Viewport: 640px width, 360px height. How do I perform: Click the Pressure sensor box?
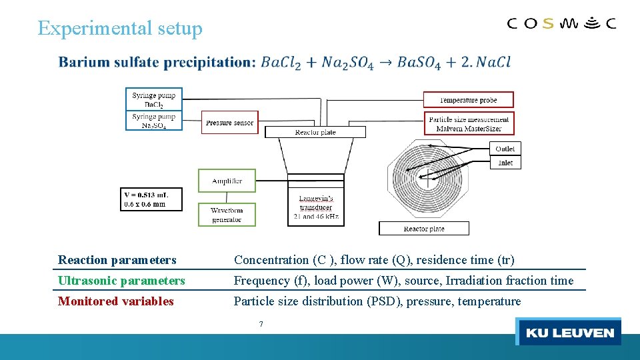pyautogui.click(x=229, y=123)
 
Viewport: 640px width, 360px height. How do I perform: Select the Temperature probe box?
pyautogui.click(x=469, y=100)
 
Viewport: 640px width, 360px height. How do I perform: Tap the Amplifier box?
pyautogui.click(x=227, y=181)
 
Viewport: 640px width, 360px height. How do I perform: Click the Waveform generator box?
pyautogui.click(x=227, y=215)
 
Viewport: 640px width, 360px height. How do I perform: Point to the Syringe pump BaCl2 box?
pyautogui.click(x=154, y=99)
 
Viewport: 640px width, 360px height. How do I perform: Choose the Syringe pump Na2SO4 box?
pyautogui.click(x=154, y=120)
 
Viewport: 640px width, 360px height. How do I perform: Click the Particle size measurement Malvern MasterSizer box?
pyautogui.click(x=469, y=123)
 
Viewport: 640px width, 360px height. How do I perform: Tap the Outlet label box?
pyautogui.click(x=505, y=149)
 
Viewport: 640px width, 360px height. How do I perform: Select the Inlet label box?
pyautogui.click(x=505, y=163)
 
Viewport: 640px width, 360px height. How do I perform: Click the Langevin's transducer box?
pyautogui.click(x=316, y=207)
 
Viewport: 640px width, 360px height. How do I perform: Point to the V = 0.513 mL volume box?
pyautogui.click(x=151, y=199)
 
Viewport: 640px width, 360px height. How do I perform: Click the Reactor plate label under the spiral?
pyautogui.click(x=424, y=229)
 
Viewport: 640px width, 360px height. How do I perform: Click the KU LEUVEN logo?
pyautogui.click(x=569, y=332)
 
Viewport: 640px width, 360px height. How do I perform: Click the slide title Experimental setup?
pyautogui.click(x=120, y=28)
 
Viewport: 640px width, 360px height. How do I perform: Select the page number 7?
pyautogui.click(x=261, y=324)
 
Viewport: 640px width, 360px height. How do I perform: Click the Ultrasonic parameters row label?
pyautogui.click(x=121, y=281)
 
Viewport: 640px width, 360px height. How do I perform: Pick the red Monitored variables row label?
pyautogui.click(x=116, y=301)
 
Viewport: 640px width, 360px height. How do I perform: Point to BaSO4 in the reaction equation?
pyautogui.click(x=419, y=63)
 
